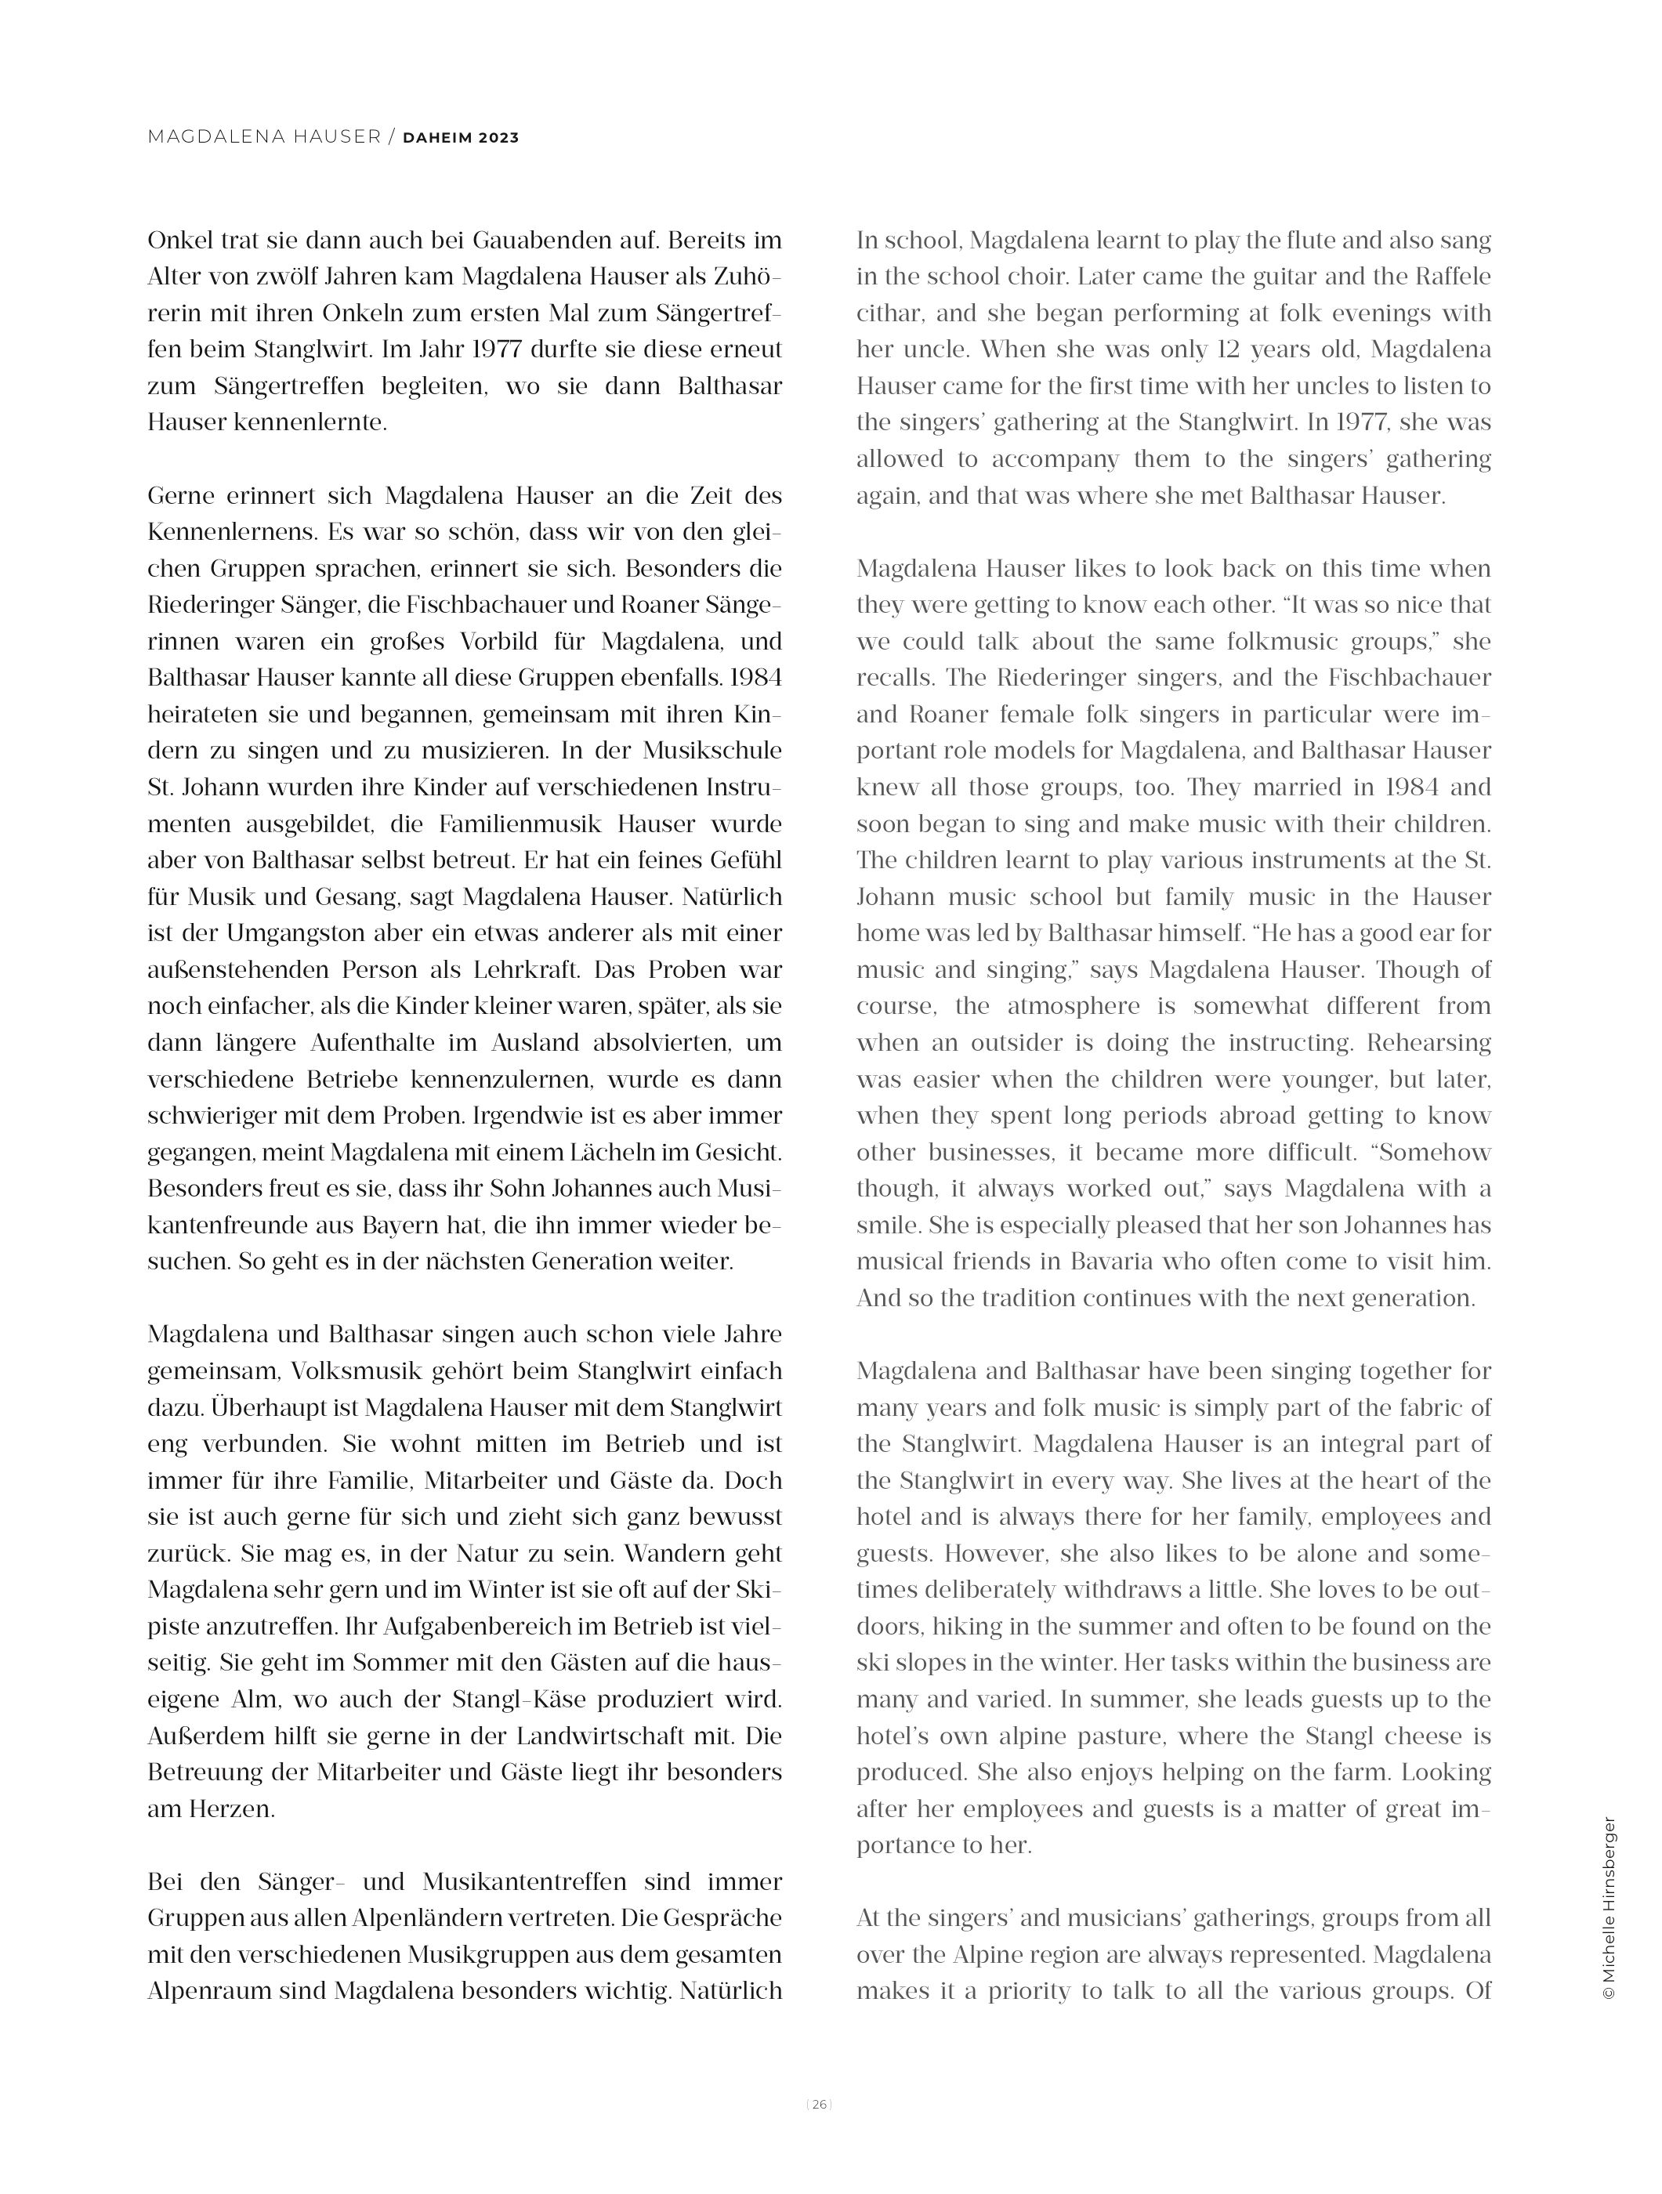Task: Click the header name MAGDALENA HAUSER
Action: [x=264, y=137]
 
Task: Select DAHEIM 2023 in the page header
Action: [x=460, y=138]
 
